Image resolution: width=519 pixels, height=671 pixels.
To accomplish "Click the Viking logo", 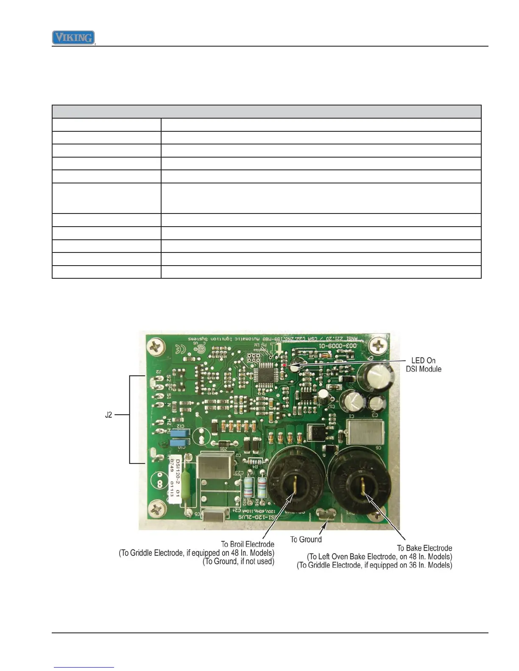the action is (73, 38).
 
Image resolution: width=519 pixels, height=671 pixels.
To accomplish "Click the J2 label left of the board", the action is (109, 415).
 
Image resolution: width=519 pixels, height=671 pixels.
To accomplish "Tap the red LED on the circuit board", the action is (284, 365).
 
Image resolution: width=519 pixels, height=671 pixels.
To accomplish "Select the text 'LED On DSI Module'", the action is (423, 365).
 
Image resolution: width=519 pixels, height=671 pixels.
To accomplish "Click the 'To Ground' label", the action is (306, 539).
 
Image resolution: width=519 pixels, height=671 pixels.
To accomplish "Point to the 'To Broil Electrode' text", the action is (248, 544).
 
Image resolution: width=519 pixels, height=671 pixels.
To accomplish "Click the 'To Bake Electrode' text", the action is (424, 548).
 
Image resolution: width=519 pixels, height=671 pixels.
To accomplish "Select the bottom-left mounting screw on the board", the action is (156, 507).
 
